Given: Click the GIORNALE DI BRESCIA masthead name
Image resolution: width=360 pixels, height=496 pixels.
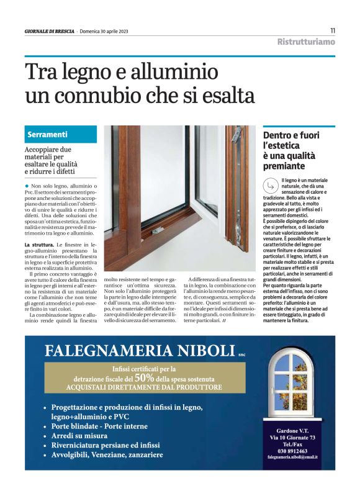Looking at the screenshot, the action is pyautogui.click(x=49, y=32).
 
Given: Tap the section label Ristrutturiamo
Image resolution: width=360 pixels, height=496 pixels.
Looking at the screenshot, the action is pyautogui.click(x=306, y=42).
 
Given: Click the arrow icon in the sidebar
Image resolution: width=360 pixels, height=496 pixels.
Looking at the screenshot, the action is pyautogui.click(x=269, y=185).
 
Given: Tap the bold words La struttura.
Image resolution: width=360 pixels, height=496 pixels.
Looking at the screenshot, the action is pyautogui.click(x=39, y=246).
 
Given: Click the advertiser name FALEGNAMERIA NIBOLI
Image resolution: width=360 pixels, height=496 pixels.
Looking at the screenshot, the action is pyautogui.click(x=140, y=351).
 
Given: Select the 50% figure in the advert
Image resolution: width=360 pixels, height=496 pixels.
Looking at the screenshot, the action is pyautogui.click(x=143, y=377).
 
